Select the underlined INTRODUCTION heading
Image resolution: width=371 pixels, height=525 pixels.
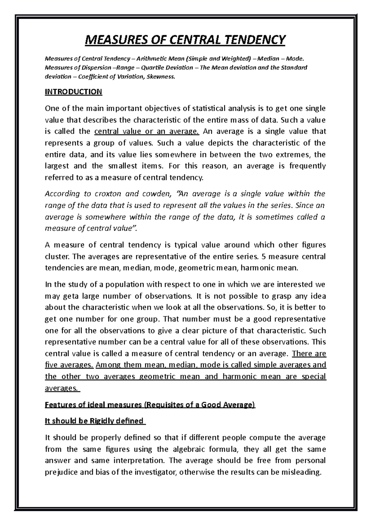(x=73, y=92)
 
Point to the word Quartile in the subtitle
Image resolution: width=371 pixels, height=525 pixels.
(x=151, y=68)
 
